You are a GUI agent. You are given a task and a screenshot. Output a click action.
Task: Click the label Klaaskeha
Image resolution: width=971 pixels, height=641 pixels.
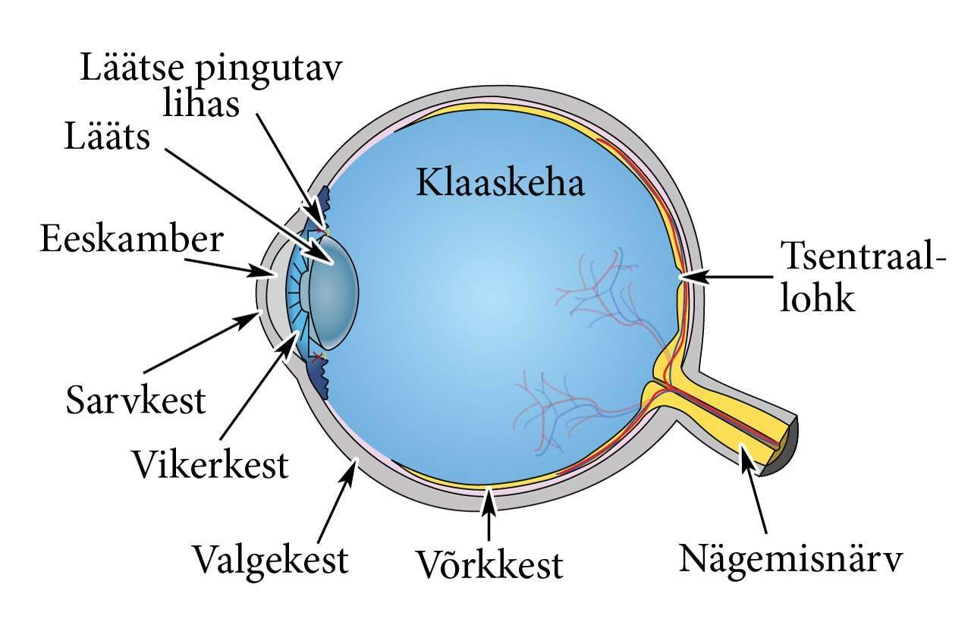point(500,183)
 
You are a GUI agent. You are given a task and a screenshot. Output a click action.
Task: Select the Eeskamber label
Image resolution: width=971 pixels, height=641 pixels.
point(131,239)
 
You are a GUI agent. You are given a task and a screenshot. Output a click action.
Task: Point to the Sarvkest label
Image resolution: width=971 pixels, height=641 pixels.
point(136,400)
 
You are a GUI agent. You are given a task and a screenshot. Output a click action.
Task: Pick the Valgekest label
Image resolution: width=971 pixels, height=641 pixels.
point(270,560)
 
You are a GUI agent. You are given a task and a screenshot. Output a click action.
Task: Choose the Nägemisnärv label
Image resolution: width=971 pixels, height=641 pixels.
point(791,560)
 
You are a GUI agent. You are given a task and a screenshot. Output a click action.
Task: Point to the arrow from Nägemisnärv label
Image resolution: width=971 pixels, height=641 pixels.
point(756,493)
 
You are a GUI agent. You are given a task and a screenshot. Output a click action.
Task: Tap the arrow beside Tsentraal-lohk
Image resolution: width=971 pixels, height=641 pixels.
point(728,278)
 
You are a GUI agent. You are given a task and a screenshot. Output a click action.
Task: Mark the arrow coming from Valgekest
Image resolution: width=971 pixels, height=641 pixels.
point(335,501)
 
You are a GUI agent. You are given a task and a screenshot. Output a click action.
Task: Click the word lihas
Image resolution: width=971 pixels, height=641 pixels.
point(201,103)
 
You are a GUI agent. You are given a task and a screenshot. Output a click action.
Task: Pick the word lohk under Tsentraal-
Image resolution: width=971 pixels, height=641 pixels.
point(819,299)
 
